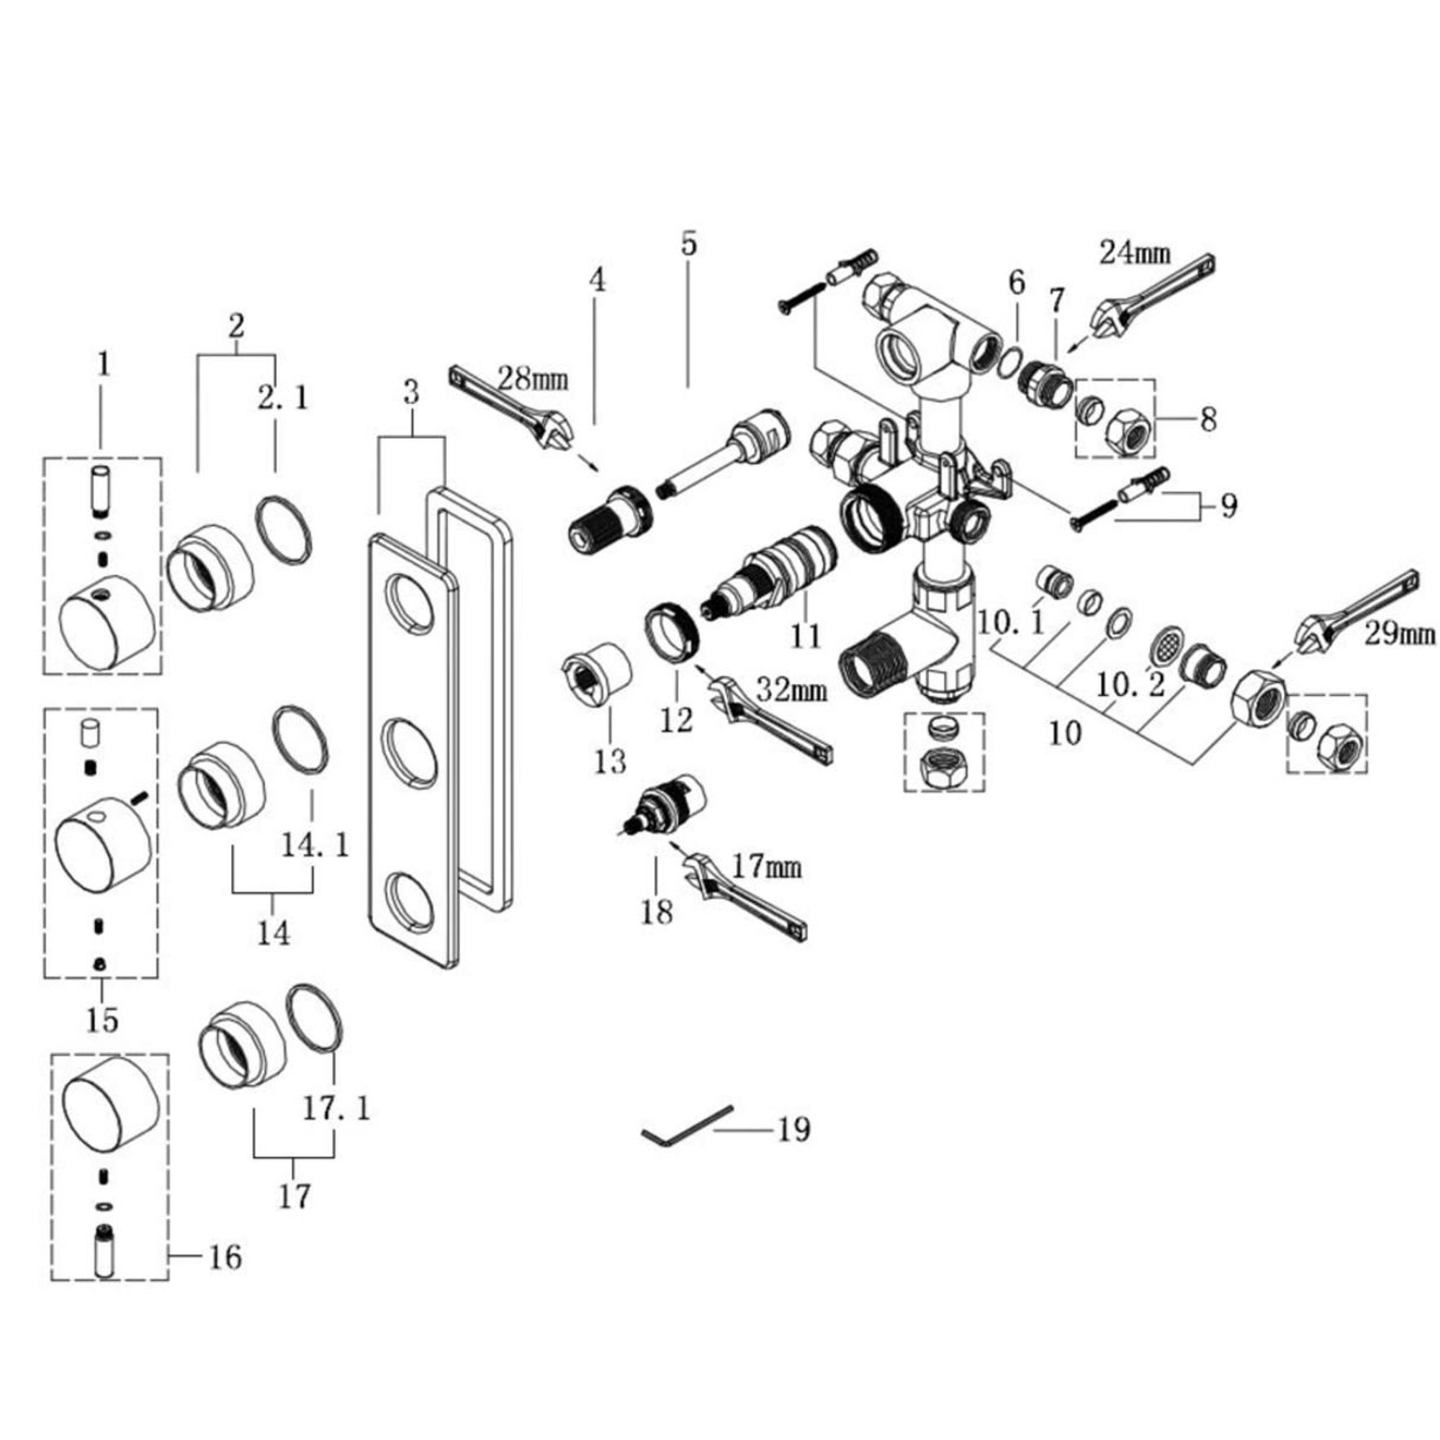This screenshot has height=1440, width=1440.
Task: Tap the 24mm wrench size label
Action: (x=1135, y=253)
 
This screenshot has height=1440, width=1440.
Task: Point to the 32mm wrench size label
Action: (x=791, y=690)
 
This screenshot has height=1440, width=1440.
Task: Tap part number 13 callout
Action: (x=611, y=761)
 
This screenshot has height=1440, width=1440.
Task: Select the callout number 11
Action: (x=806, y=636)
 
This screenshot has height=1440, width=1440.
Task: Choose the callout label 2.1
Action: (x=282, y=399)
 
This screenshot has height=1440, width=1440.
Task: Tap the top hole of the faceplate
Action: (x=409, y=602)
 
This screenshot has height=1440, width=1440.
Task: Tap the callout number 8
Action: (x=1208, y=420)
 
